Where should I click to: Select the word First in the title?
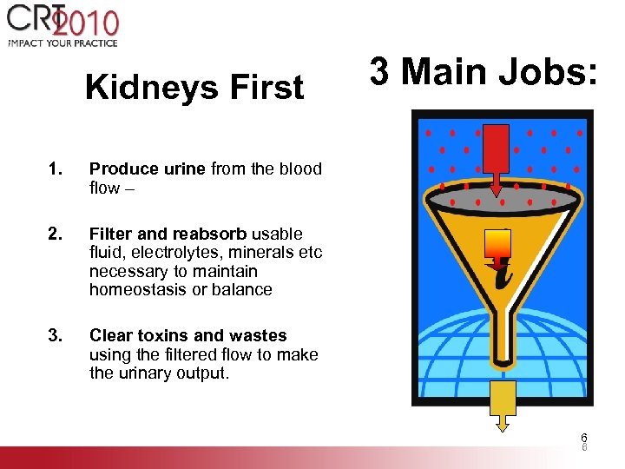pos(269,88)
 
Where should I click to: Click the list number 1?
pos(55,169)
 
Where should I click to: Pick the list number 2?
pos(55,234)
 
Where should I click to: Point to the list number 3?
pos(55,336)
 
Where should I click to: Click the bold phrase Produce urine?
pos(148,169)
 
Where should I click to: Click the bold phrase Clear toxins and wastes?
pos(187,336)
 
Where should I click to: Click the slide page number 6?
pos(584,438)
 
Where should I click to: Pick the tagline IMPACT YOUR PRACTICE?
pos(62,43)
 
